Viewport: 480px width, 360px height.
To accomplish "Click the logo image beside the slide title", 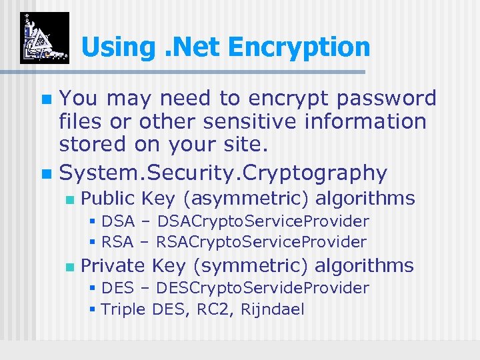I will tap(44, 38).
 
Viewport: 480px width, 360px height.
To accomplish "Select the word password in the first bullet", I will tap(386, 99).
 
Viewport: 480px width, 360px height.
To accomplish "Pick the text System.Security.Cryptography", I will tap(223, 173).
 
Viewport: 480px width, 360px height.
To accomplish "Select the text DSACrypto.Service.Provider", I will tap(263, 221).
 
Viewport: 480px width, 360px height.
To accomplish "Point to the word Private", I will tap(113, 265).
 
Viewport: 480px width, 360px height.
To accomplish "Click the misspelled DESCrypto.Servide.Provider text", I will tap(263, 288).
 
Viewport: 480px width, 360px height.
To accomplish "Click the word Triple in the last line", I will tap(124, 309).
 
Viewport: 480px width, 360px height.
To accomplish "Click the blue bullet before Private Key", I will tap(68, 267).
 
